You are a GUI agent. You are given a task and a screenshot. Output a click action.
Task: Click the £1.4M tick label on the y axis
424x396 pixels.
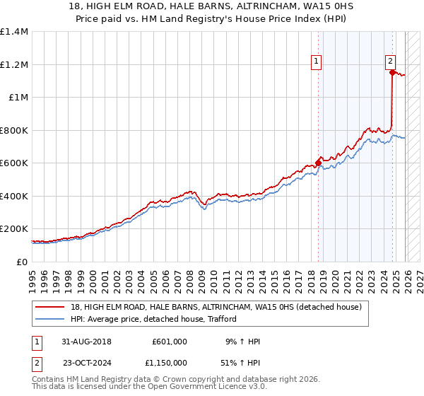[x=14, y=32]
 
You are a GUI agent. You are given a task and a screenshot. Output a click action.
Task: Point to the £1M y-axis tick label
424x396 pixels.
[x=18, y=98]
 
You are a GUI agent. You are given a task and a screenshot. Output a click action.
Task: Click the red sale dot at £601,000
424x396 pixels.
[x=318, y=163]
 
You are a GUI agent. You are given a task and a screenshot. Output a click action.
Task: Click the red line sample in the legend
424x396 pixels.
[x=50, y=307]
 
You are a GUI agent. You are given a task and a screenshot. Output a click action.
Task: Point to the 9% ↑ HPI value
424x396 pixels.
[x=242, y=342]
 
